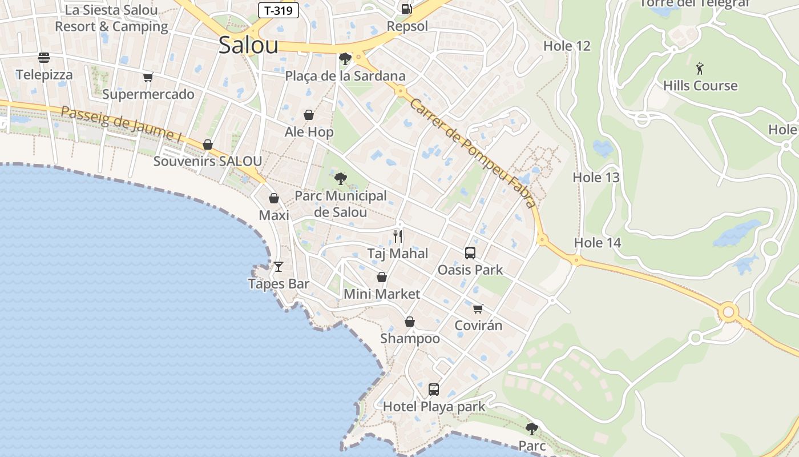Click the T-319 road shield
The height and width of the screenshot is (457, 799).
point(279,10)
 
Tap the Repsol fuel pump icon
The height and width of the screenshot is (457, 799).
point(406,9)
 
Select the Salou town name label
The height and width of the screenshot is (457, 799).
point(248,46)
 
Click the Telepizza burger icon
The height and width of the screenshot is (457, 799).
point(44,58)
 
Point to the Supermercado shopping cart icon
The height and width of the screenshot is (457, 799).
point(148,77)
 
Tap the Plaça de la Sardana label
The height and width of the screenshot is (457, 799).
point(345,76)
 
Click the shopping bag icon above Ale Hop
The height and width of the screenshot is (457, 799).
point(309,115)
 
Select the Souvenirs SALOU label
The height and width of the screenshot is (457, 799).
point(208,161)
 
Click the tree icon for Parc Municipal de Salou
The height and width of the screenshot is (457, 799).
point(341,179)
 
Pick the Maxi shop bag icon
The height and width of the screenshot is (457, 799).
point(274,198)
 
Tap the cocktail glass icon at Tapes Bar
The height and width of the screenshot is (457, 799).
point(279,267)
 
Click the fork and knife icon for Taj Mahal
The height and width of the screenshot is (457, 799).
point(398,236)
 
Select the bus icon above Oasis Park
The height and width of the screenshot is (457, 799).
point(470,252)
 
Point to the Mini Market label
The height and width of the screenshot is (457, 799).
point(382,294)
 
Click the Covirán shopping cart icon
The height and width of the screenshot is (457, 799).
point(478,308)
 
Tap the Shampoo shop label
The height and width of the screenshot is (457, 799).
point(410,339)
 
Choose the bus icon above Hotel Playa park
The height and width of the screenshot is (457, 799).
point(434,390)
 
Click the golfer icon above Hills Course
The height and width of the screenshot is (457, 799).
point(700,69)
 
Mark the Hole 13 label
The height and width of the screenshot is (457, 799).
point(596,178)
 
